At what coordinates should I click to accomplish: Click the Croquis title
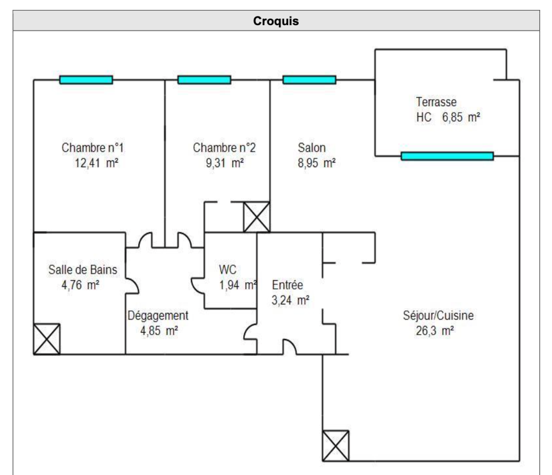coord(276,21)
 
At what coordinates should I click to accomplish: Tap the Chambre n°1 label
coord(92,148)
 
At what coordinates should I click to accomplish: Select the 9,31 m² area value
coord(225,163)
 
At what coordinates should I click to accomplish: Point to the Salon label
coord(312,148)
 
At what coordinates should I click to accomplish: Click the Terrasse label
coord(436,102)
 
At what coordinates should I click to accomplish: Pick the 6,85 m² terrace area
coord(461,118)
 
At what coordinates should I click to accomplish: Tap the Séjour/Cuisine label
coord(438,316)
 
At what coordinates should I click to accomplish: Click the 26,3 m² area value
coord(434,331)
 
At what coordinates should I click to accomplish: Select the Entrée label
coord(287,285)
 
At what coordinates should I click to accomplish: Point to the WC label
coord(228,270)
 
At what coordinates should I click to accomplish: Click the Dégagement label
coord(158,316)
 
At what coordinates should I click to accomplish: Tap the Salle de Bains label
coord(82,270)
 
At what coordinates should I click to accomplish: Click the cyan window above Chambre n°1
coord(86,80)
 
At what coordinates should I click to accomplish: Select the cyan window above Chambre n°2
coord(204,80)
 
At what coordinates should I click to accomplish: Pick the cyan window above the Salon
coord(309,80)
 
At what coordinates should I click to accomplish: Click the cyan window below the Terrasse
coord(447,156)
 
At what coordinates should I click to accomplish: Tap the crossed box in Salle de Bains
coord(47,339)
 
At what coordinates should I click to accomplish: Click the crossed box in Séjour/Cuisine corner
coord(336,446)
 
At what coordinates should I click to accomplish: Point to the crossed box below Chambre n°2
coord(257,217)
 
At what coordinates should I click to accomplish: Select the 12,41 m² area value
coord(97,163)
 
